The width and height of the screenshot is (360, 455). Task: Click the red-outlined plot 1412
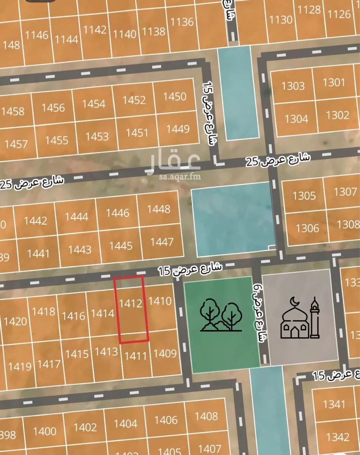tap(131, 309)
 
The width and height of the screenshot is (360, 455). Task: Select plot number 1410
tap(160, 300)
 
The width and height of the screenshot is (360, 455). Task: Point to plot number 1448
tap(158, 209)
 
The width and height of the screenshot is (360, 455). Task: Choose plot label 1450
tap(175, 96)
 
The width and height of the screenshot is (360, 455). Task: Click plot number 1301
tap(334, 82)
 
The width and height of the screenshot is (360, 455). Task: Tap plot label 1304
tap(296, 119)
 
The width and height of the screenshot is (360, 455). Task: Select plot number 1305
tap(304, 196)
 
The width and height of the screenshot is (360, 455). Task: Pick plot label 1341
tap(334, 404)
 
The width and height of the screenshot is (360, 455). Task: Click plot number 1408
tap(206, 417)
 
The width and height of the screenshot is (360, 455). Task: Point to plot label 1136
tap(182, 22)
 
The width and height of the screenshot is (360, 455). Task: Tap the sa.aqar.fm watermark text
tap(180, 177)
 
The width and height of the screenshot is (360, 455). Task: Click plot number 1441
tap(38, 253)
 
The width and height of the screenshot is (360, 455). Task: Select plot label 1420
tap(15, 321)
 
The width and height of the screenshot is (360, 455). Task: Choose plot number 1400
tap(45, 431)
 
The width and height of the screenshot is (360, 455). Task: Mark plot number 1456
tap(53, 108)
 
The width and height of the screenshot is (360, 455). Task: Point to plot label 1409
tap(165, 354)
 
